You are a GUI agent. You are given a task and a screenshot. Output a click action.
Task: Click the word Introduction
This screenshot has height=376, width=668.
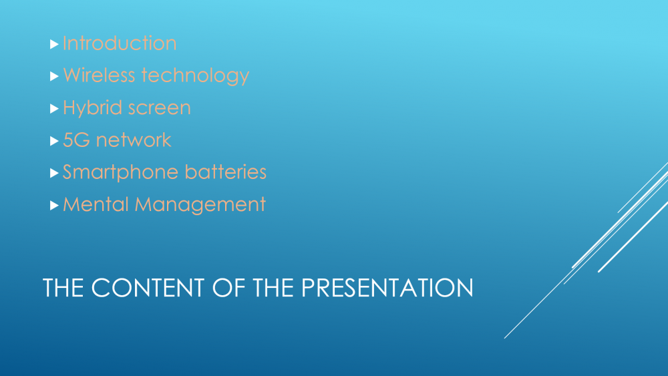(120, 43)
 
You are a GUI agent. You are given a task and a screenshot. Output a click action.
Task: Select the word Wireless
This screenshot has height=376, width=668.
(100, 75)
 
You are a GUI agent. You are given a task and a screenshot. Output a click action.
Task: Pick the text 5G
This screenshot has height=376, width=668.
(76, 140)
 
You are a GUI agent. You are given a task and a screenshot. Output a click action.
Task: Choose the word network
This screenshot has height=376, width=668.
(134, 140)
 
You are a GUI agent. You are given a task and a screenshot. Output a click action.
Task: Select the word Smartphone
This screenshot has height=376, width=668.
(120, 173)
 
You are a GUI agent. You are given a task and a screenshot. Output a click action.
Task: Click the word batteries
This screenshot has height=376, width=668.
(226, 172)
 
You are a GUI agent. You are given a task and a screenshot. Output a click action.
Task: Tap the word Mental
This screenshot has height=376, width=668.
(96, 204)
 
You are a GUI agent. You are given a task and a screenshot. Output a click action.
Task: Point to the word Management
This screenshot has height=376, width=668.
(200, 205)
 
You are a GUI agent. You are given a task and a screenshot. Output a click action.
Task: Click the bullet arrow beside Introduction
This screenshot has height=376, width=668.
(54, 44)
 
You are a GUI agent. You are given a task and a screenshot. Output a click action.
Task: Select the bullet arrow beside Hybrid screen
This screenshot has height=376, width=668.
(54, 109)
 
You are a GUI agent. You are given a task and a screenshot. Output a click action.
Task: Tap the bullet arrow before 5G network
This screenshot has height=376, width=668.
(54, 141)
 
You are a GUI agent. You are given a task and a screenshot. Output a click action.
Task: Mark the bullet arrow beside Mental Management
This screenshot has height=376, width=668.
(54, 206)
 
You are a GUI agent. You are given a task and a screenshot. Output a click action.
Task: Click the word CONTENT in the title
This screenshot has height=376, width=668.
(148, 287)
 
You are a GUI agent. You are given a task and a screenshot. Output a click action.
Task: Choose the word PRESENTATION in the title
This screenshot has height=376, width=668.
(387, 287)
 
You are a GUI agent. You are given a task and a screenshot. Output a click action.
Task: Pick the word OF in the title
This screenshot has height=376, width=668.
(228, 287)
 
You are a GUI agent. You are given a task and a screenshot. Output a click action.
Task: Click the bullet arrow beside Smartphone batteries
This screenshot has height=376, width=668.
(54, 174)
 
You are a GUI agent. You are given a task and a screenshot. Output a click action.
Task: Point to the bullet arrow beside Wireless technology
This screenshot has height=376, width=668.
(54, 76)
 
